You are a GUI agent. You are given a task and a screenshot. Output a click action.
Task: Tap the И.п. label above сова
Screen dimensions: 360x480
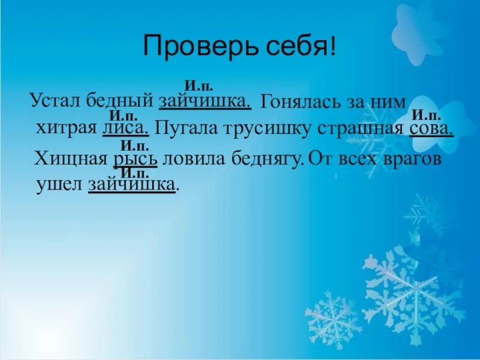[426, 116]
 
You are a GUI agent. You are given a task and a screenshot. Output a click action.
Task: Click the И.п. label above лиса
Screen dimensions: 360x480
[124, 116]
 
